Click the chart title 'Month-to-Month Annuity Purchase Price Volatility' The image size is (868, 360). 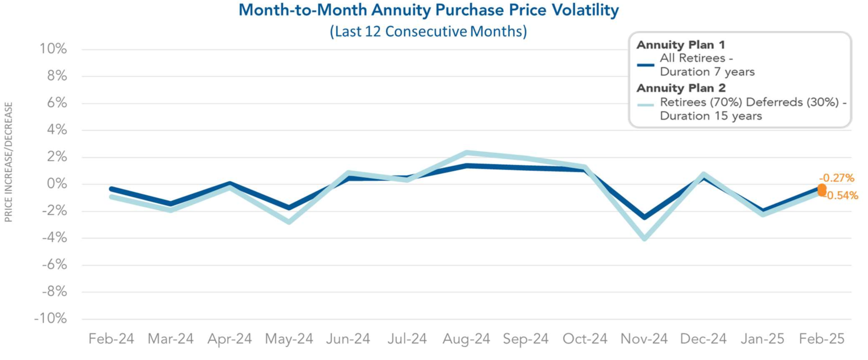point(428,10)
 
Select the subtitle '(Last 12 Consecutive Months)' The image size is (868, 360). point(428,31)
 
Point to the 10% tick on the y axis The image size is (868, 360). point(53,49)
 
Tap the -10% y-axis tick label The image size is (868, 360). point(51,319)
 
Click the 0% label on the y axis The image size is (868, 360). point(57,184)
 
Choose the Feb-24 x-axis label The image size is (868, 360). point(111,339)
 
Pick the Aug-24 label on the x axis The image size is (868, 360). point(466,339)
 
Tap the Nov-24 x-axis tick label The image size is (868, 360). point(644,339)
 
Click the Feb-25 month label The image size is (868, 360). point(822,339)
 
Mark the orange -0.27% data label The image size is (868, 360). point(837,178)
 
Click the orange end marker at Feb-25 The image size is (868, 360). point(822,189)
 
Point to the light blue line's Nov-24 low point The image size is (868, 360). point(644,238)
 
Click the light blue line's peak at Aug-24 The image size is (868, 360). point(467,153)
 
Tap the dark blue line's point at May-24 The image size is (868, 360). point(289,208)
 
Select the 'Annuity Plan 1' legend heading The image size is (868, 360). point(681,45)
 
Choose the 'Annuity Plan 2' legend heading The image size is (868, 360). point(681,88)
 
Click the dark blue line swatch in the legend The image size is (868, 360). point(646,65)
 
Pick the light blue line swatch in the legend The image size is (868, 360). point(646,105)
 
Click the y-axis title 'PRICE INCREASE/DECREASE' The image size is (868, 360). point(8,162)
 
